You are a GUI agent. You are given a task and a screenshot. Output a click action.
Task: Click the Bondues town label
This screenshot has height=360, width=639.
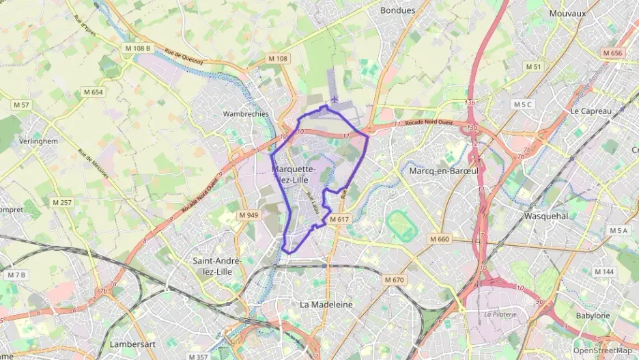(397, 10)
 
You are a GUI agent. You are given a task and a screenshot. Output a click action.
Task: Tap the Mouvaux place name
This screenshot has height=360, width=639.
(567, 13)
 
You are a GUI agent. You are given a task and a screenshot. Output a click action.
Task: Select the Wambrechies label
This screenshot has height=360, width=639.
(246, 114)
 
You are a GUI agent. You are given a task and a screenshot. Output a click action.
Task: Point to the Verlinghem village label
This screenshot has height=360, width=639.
(38, 141)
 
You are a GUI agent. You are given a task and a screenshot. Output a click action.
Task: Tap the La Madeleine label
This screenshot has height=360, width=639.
(326, 304)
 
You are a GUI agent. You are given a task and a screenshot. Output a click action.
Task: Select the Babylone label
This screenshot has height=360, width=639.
(593, 316)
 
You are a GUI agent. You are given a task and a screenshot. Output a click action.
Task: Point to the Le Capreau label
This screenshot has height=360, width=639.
(591, 111)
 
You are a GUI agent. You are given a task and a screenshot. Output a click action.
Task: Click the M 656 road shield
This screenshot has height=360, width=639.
(612, 53)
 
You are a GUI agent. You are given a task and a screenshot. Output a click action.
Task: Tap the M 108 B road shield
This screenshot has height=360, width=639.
(137, 49)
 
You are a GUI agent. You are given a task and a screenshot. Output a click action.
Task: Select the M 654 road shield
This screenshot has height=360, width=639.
(93, 92)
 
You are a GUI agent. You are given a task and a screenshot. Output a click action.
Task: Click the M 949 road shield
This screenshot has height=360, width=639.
(248, 215)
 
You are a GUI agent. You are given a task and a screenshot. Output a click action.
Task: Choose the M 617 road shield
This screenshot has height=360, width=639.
(339, 219)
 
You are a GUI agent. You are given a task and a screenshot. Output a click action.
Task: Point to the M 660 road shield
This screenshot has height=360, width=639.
(440, 239)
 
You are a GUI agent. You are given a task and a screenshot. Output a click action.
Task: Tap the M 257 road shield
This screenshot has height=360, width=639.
(61, 203)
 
